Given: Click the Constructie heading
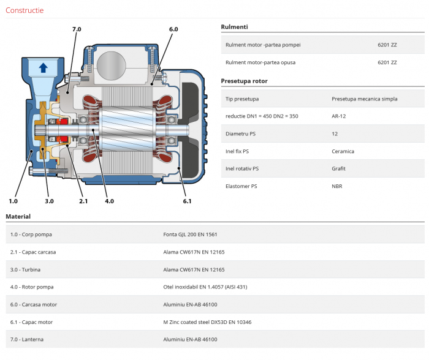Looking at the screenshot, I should click(25, 10).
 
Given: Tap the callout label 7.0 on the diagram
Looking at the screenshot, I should click(76, 29).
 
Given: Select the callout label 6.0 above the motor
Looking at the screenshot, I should click(173, 29).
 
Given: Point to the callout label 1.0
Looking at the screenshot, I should click(13, 201).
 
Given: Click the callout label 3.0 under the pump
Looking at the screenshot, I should click(49, 201).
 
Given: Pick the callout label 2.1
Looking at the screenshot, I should click(83, 201).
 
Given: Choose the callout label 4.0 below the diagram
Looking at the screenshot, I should click(109, 201).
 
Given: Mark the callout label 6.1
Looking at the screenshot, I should click(187, 201).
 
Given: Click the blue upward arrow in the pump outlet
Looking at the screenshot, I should click(43, 67).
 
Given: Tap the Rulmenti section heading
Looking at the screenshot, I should click(235, 27).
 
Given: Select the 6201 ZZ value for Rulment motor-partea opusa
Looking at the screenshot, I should click(387, 62).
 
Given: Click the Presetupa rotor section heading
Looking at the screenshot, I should click(244, 81).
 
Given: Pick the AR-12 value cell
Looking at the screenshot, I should click(339, 116).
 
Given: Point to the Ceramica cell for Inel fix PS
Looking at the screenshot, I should click(343, 151).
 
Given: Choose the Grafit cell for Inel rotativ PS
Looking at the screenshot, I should click(338, 168).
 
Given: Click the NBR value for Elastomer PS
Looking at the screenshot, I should click(336, 186).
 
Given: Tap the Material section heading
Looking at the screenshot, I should click(18, 216).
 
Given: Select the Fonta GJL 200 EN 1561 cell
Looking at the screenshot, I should click(190, 234).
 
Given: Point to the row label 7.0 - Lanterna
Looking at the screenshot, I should click(27, 339).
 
